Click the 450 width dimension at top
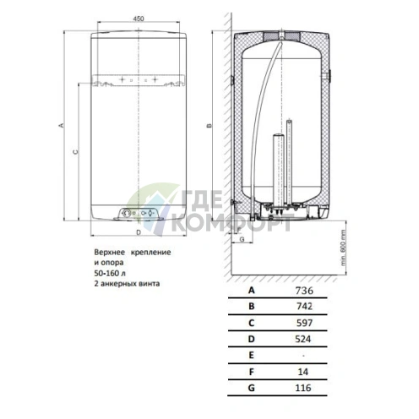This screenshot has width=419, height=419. [139, 19]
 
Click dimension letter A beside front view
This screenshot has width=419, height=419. [61, 125]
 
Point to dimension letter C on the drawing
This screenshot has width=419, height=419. [75, 152]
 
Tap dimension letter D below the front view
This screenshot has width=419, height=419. [139, 232]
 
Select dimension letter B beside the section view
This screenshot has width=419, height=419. [209, 126]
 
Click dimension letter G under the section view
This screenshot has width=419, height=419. [242, 239]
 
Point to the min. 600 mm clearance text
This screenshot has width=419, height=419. [343, 248]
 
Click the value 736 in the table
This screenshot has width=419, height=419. [304, 291]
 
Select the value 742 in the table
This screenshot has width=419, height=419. [304, 306]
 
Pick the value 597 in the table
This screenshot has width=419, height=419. [304, 323]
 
